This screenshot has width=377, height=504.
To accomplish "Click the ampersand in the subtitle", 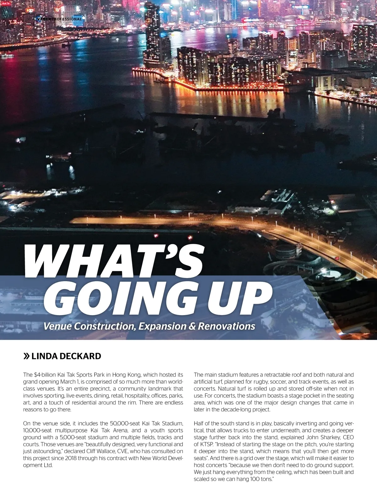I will (x=192, y=326).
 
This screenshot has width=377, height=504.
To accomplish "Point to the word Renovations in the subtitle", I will (x=227, y=326).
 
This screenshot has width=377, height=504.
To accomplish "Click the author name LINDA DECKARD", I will (x=66, y=356).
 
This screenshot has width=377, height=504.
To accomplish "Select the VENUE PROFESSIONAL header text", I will (x=59, y=19).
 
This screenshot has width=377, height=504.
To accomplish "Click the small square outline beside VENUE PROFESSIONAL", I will (x=29, y=19).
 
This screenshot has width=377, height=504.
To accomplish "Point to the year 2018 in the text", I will (x=71, y=458).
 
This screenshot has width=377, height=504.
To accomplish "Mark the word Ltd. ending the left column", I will (x=47, y=465).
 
